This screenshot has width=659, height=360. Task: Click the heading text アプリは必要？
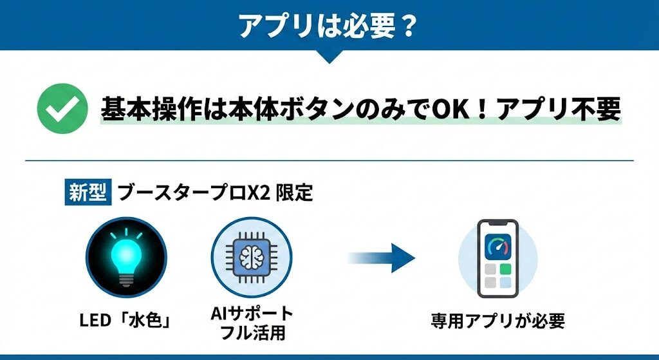click(328, 26)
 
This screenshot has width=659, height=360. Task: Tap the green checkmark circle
click(62, 108)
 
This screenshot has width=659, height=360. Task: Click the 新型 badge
click(88, 193)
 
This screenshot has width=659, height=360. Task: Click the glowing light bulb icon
click(126, 257)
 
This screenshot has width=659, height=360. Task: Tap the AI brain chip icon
click(252, 257)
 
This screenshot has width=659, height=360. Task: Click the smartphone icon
click(497, 258)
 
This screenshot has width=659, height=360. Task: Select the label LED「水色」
click(125, 319)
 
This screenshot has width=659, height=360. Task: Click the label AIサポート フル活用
click(252, 324)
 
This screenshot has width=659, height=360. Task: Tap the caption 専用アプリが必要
click(497, 320)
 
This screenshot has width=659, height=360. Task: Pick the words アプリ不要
click(557, 109)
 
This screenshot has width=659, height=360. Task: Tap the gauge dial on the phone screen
click(497, 245)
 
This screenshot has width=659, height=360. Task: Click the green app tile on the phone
click(505, 268)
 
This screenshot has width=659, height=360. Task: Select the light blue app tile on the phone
click(505, 281)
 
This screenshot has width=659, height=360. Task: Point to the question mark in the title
click(408, 26)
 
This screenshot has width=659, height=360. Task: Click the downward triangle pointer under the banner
click(329, 57)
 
